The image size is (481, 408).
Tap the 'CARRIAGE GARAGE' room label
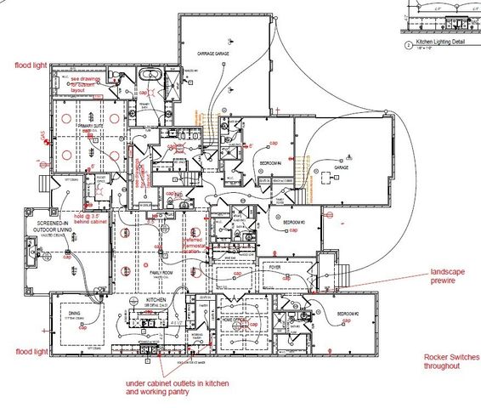click(214, 54)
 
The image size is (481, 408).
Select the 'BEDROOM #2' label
click(348, 314)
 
